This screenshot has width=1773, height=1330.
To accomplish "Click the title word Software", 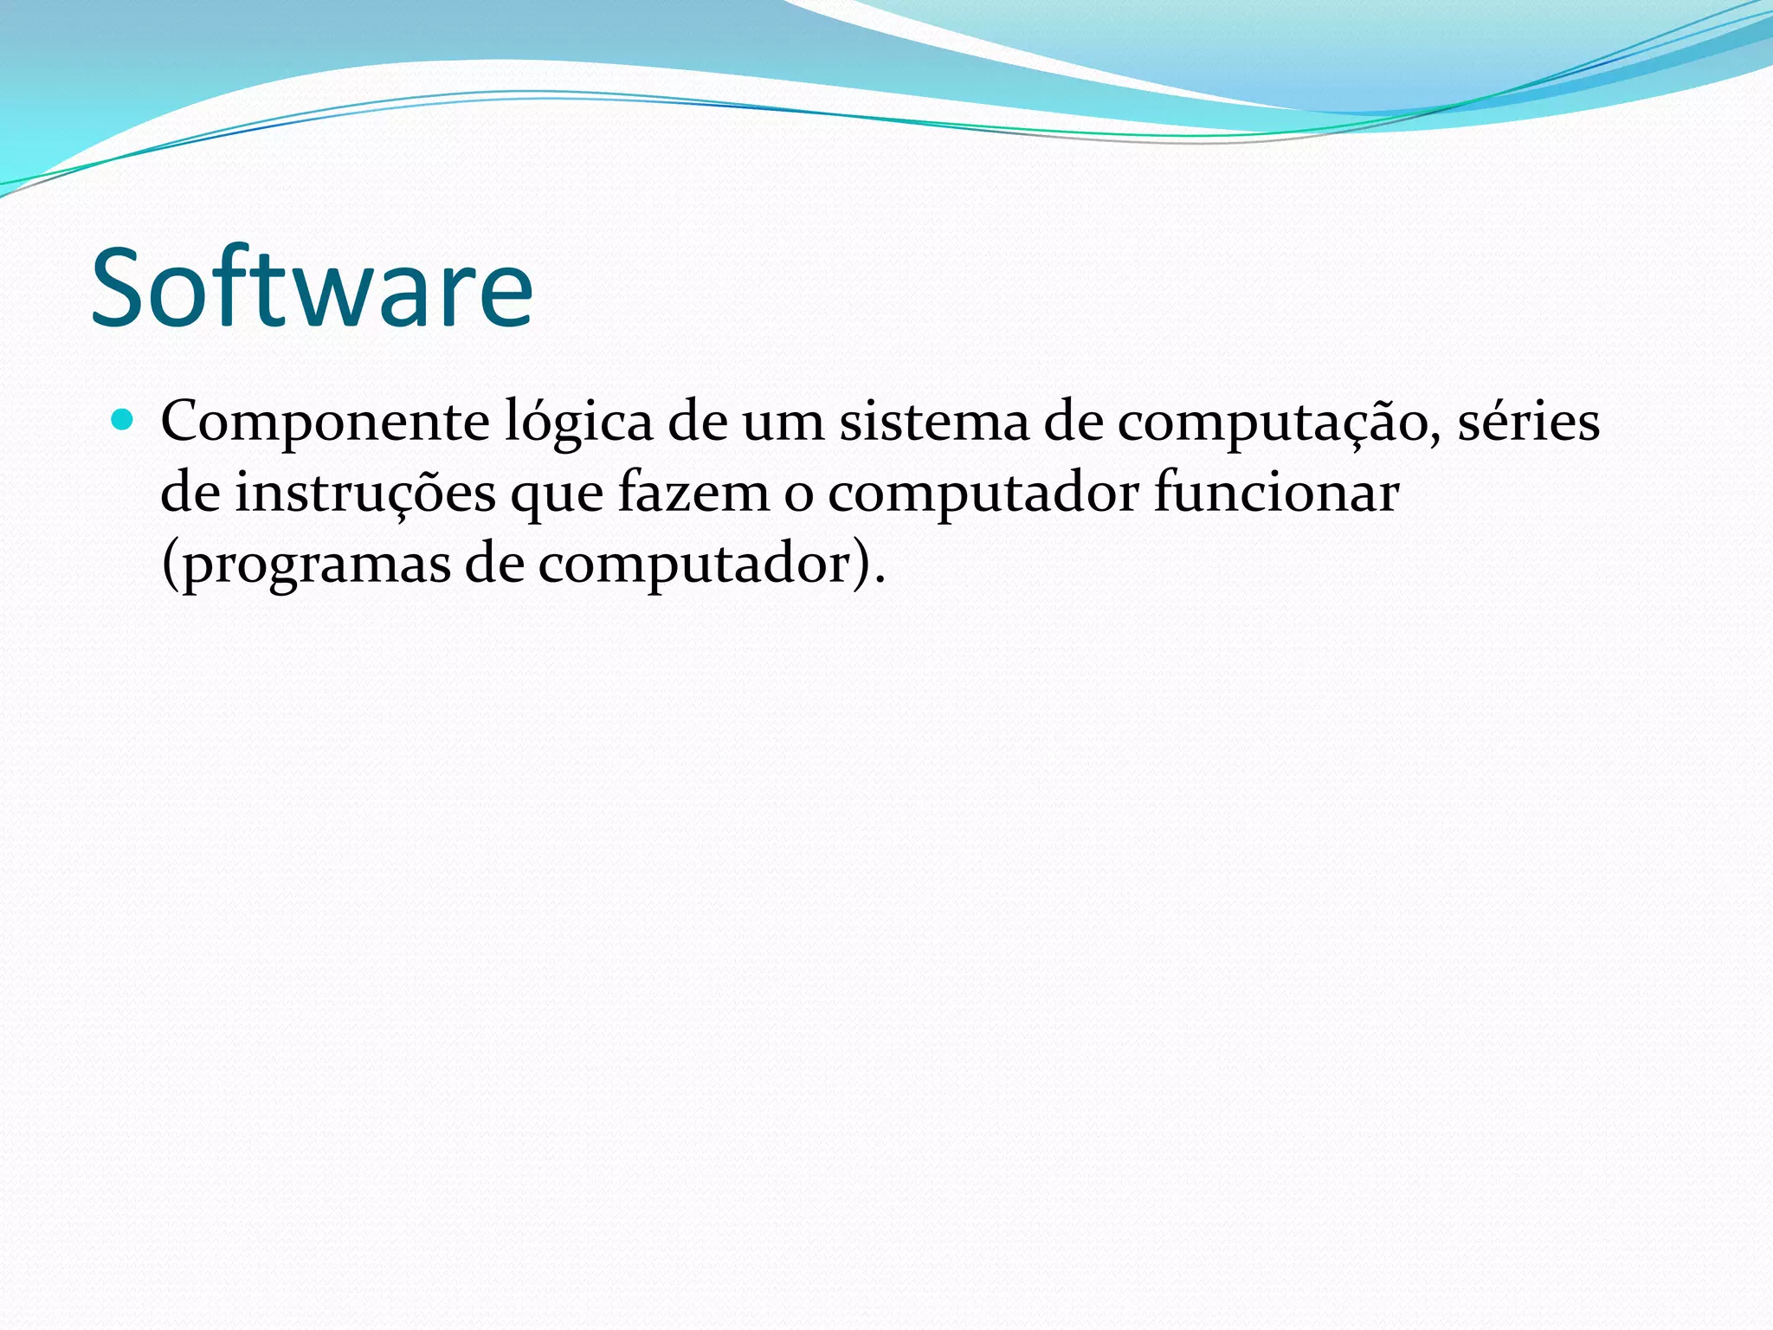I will tap(312, 287).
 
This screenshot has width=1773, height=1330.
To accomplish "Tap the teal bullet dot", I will tap(123, 422).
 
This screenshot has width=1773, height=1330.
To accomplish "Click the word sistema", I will tap(935, 423).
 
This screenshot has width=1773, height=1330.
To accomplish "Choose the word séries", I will tap(1528, 423).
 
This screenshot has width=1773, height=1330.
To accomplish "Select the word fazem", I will tap(693, 493).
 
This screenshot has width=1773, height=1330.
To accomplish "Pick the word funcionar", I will tap(1276, 493).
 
